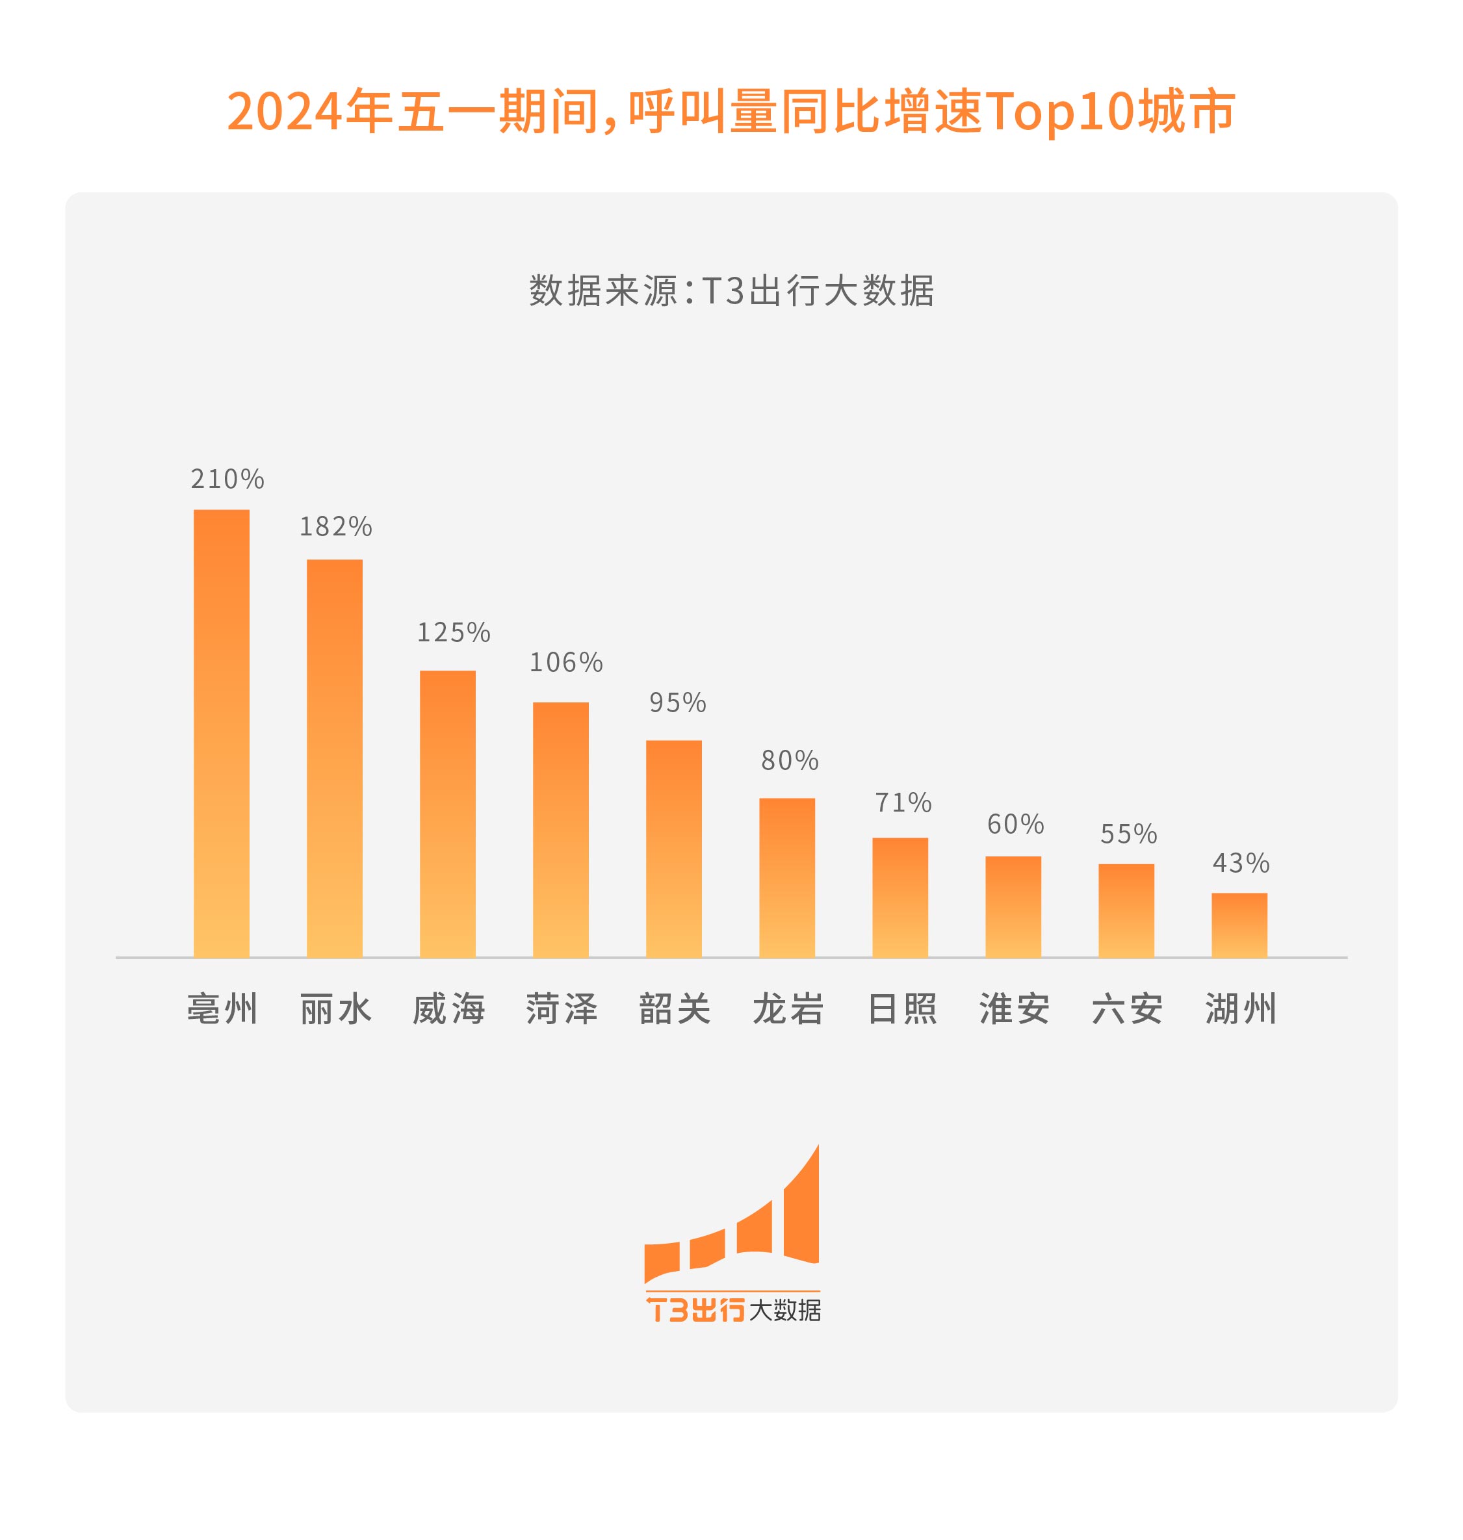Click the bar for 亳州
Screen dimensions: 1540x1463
(222, 733)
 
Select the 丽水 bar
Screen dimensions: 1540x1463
(335, 758)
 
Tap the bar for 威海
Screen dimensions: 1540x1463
(448, 814)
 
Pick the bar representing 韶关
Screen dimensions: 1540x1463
(674, 849)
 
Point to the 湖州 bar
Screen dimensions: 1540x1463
(1239, 925)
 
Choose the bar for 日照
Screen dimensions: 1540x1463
(900, 897)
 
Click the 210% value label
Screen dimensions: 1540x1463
(227, 479)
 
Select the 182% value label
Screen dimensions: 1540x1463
(336, 527)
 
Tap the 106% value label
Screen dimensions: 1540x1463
(566, 663)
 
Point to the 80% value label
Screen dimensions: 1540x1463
(790, 760)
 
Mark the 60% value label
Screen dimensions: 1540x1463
(1015, 824)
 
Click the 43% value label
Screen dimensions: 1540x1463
(1241, 863)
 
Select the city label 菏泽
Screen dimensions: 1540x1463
(562, 1009)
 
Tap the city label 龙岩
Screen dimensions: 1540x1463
(788, 1009)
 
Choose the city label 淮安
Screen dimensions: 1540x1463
(1014, 1009)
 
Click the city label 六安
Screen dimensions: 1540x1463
(1127, 1009)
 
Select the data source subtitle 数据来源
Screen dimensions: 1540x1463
(602, 291)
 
